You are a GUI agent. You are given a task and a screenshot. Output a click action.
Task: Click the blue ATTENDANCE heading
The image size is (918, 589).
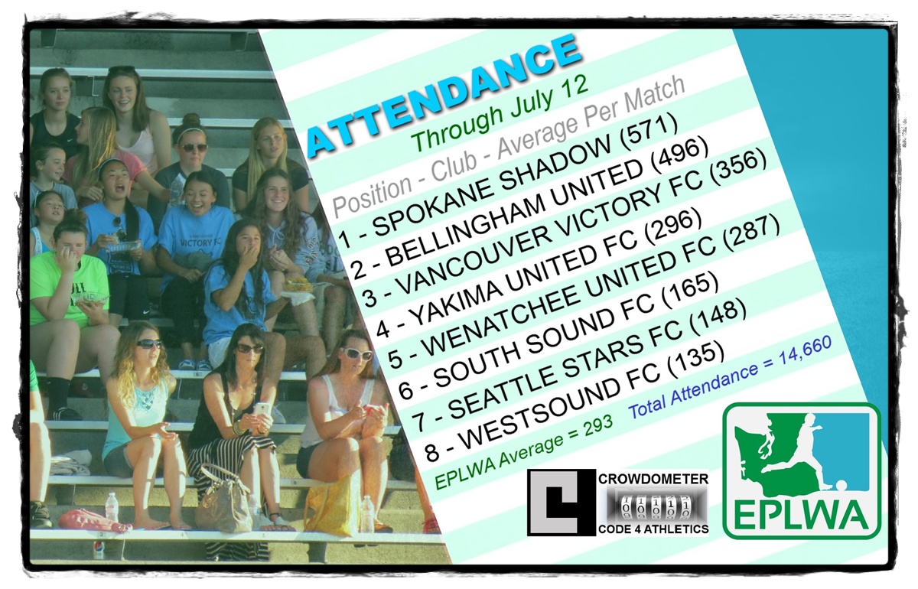click(x=444, y=95)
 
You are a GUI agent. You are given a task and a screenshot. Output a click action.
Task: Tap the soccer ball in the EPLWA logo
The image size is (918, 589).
click(x=840, y=486)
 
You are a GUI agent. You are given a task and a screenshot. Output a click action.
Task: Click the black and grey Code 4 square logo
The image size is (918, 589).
click(x=562, y=503)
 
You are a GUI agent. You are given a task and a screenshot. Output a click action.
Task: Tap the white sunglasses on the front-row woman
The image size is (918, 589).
click(x=358, y=353)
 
